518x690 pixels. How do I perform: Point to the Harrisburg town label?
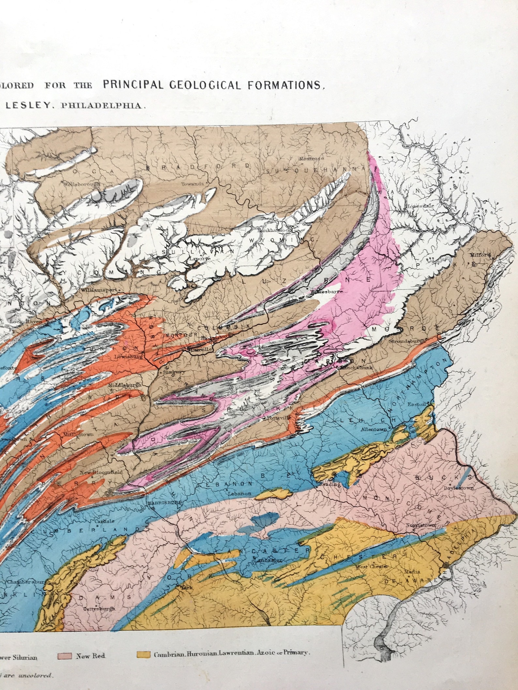[x=165, y=503]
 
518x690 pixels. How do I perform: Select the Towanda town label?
[x=192, y=184]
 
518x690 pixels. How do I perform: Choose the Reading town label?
[x=329, y=484]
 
